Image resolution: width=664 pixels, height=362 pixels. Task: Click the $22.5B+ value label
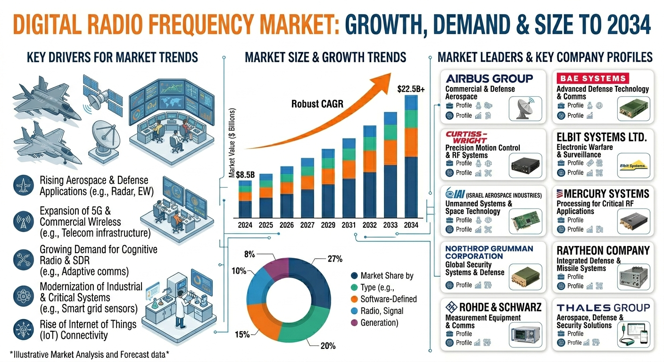point(411,89)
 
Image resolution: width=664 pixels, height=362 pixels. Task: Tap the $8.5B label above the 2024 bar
point(245,175)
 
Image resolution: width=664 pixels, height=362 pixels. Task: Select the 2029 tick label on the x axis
point(328,225)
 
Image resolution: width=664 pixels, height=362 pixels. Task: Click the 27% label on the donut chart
point(335,259)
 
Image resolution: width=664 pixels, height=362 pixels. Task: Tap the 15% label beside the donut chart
point(242,335)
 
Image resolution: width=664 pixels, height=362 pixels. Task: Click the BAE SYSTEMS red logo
point(593,78)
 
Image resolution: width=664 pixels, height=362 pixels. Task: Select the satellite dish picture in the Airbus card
point(525,108)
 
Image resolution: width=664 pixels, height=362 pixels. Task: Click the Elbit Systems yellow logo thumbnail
point(633,166)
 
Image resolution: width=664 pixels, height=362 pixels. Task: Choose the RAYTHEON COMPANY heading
point(603,251)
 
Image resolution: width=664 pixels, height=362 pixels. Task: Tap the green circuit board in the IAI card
point(525,221)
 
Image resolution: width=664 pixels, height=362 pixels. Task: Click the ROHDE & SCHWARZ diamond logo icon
point(451,307)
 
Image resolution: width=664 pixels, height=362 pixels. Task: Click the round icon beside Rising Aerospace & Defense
point(24,185)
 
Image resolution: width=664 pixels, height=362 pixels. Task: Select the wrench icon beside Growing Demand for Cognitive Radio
point(24,260)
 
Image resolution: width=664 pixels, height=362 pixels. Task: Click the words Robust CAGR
point(317,104)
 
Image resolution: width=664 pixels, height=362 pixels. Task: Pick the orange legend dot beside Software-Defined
point(354,299)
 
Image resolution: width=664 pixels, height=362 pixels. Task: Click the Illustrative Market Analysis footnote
point(89,354)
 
